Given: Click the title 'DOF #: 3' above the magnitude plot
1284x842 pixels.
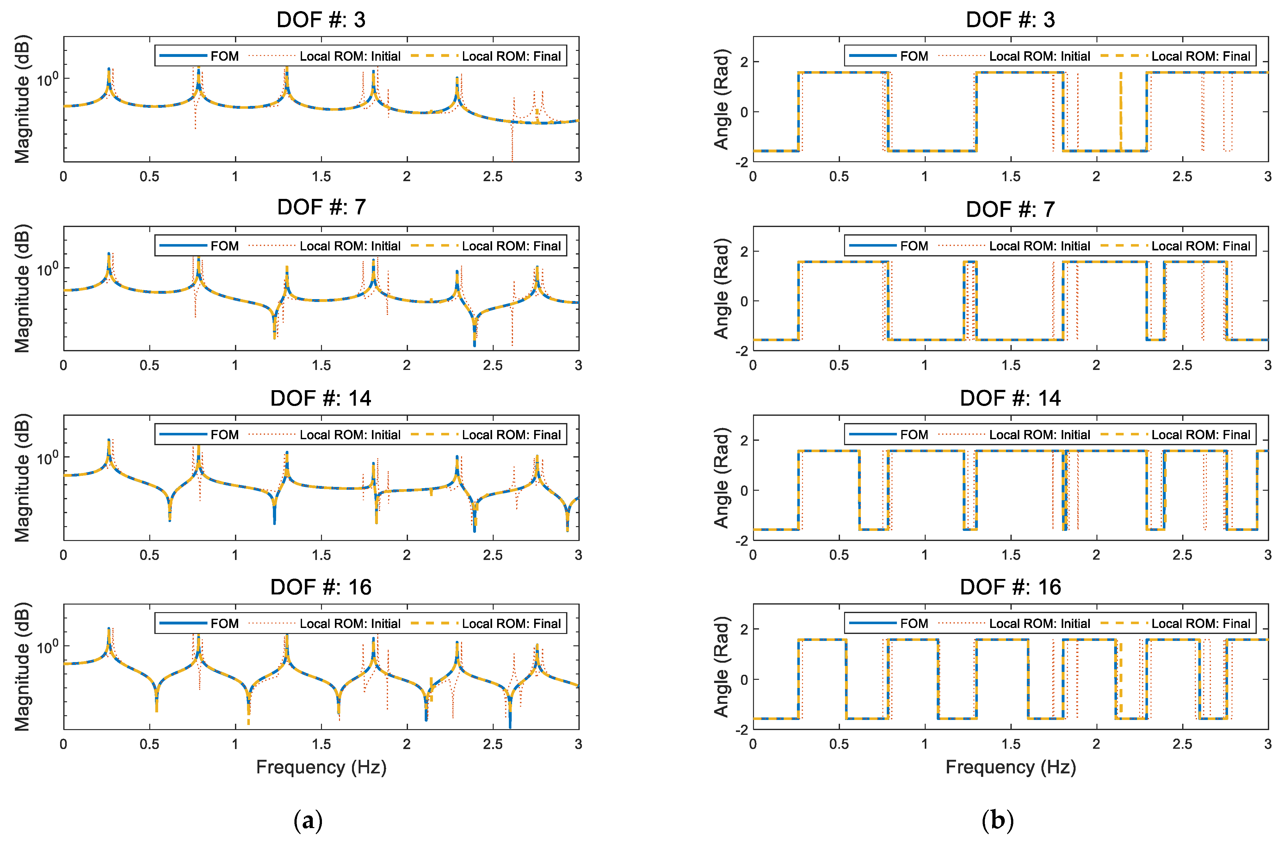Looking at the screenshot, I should tap(321, 20).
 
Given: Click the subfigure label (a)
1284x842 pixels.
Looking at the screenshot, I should tap(308, 820).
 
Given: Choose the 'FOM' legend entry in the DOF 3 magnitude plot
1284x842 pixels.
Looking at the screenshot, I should tap(224, 56).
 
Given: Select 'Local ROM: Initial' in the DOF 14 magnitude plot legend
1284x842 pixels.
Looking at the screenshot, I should tap(349, 435).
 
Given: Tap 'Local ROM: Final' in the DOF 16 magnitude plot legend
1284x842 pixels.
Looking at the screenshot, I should tap(511, 624).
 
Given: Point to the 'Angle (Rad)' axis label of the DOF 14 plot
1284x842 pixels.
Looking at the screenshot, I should tap(721, 477).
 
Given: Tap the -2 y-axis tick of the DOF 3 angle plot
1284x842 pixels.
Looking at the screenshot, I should tap(743, 162).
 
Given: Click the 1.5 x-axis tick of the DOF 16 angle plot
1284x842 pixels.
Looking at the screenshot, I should tap(1010, 744).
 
